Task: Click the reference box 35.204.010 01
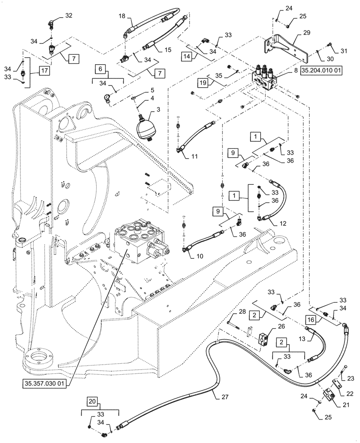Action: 322,71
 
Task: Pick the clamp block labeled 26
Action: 265,339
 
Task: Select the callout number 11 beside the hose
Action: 196,156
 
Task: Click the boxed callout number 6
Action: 100,70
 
